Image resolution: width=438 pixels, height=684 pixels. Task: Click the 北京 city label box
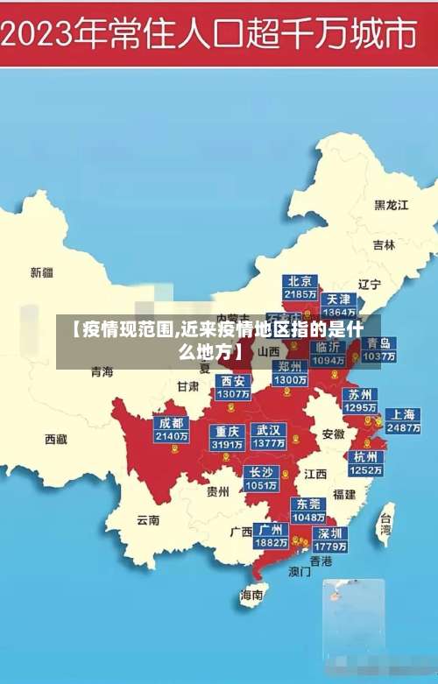tap(300, 287)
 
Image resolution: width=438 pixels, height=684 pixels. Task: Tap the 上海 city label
tap(403, 420)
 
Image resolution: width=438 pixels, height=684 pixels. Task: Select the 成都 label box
tap(171, 429)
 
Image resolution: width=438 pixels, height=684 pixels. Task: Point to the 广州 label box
tap(271, 535)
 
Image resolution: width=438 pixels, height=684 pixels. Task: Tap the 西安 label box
tap(233, 387)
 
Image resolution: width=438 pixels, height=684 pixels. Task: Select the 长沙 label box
tap(261, 478)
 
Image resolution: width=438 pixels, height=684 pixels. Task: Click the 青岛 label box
tap(378, 349)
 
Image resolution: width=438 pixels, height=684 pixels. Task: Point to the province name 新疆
tap(42, 272)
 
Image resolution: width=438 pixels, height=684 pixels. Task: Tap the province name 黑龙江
tap(392, 205)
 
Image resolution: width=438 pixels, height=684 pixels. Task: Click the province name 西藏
tap(56, 439)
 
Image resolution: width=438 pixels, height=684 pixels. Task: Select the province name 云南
tap(148, 519)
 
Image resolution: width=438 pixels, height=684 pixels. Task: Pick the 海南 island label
tap(252, 595)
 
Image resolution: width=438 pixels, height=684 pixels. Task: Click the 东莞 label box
tap(309, 510)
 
